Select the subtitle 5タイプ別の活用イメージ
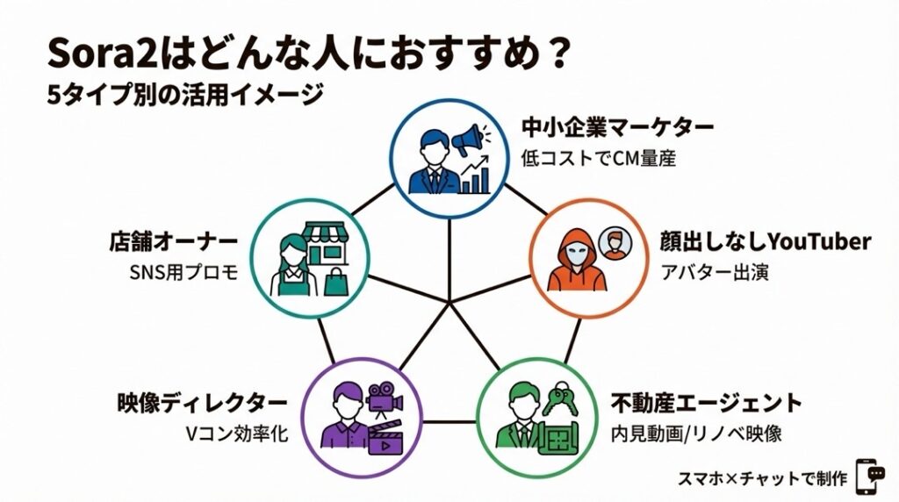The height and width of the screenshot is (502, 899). (186, 94)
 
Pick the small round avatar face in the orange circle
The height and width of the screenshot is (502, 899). (614, 241)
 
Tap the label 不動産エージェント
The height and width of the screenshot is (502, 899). (706, 404)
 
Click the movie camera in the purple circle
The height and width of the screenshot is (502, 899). (385, 399)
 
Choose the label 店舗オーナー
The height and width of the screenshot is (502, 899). (174, 241)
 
